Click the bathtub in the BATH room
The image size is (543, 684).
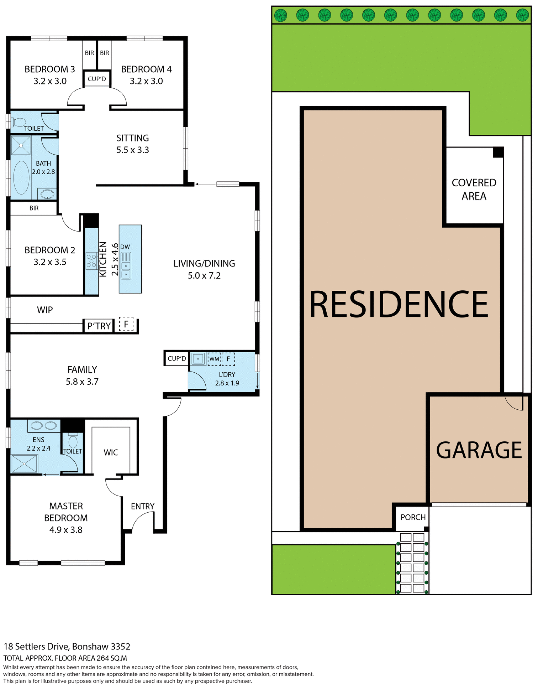point(21,177)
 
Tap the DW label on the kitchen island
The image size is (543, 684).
point(125,247)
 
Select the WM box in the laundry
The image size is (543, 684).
point(214,359)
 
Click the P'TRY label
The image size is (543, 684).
point(99,326)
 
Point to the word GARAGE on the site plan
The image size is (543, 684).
point(479,450)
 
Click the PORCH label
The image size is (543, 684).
point(413,517)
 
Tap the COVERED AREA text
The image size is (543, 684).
point(474,189)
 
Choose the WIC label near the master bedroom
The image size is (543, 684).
point(111,452)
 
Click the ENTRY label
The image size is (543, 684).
point(142,506)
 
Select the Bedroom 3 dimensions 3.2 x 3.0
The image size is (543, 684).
point(50,81)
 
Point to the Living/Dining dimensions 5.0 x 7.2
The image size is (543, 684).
point(204,276)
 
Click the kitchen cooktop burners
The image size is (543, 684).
point(91,260)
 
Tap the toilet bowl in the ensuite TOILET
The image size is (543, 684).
point(73,441)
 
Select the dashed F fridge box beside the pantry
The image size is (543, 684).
point(126,324)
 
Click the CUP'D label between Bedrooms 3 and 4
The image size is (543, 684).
point(97,79)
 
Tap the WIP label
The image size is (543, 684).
point(45,310)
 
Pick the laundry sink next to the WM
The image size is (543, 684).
point(198,359)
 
